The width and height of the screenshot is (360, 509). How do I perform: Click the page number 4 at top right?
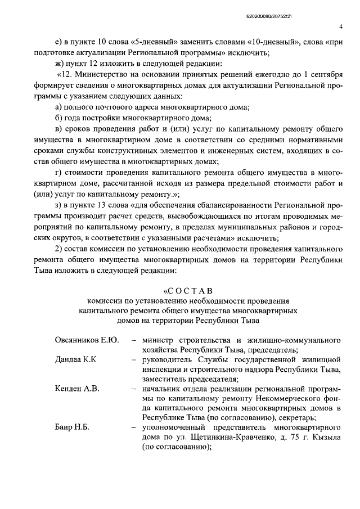[x=341, y=26]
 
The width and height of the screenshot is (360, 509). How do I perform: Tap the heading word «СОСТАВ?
[x=188, y=290]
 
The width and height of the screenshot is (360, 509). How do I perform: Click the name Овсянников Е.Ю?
[x=87, y=341]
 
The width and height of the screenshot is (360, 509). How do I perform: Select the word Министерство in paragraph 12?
[x=108, y=75]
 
